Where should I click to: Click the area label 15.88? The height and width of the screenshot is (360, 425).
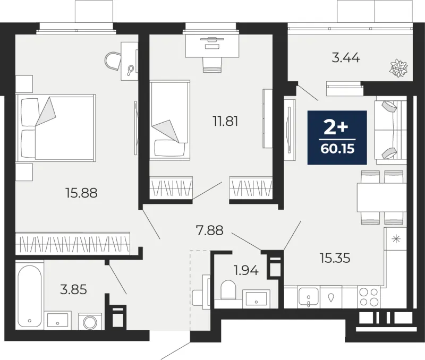point(81,193)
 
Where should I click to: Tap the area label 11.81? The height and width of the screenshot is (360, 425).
point(225,122)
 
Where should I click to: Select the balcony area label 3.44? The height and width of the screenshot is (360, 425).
point(346,58)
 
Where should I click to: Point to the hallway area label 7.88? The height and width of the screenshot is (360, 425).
point(209,230)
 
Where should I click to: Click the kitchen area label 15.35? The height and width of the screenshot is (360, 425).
point(335,258)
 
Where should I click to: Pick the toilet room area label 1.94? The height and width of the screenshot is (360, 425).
point(246,270)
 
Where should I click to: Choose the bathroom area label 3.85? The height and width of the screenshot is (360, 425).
point(73,289)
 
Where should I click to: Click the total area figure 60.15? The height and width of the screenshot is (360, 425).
point(337,149)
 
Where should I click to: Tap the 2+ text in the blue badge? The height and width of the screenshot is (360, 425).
point(336,127)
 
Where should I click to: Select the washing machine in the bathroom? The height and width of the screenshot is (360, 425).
point(90,322)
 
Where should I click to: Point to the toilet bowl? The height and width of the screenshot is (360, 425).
point(228,289)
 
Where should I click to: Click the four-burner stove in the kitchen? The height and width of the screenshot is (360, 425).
point(369,297)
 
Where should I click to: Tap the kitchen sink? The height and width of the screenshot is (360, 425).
point(309,297)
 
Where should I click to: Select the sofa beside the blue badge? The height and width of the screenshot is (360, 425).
point(390,132)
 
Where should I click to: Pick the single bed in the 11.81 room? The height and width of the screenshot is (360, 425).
point(169,121)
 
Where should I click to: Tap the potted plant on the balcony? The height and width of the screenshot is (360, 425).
point(399,68)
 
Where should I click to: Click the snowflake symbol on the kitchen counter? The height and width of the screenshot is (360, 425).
point(396,239)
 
